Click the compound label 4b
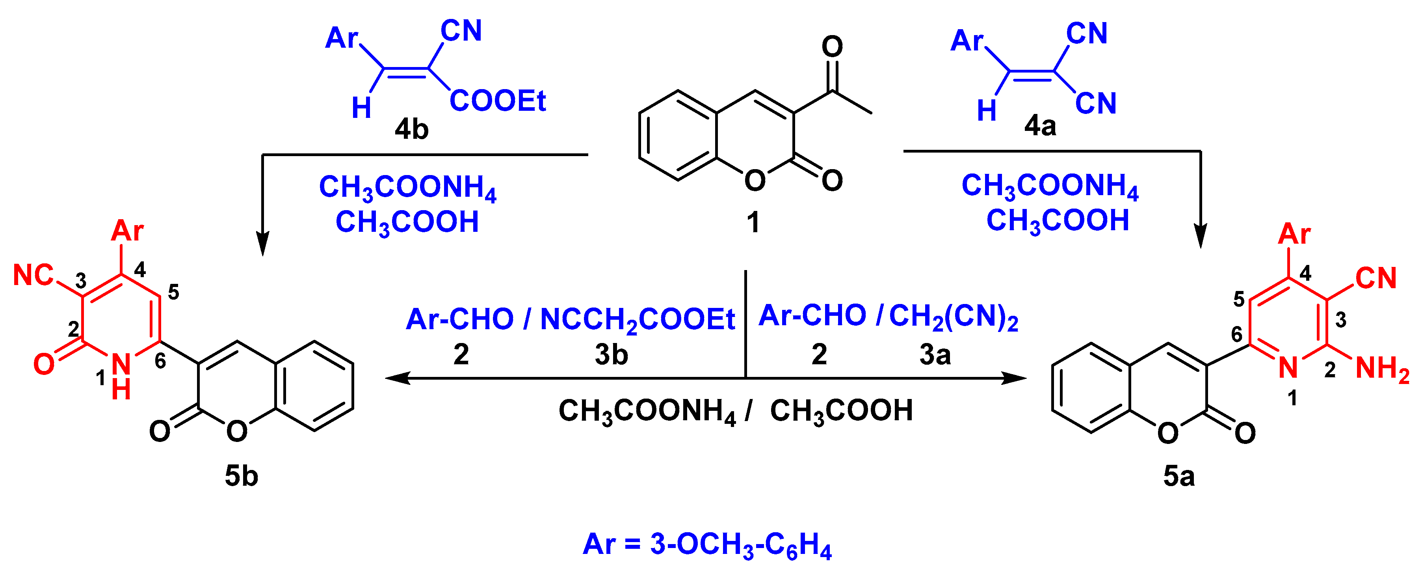point(411,130)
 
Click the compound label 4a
point(1040,126)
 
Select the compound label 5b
point(241,475)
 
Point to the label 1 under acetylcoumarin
point(753,223)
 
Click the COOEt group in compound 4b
point(497,101)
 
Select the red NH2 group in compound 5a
point(1382,369)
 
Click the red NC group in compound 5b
point(33,275)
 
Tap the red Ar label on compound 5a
point(1294,234)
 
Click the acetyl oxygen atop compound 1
point(832,47)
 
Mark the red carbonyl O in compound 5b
point(44,365)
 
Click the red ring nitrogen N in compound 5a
point(1288,368)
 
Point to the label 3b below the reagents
point(611,354)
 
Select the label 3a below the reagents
point(935,354)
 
